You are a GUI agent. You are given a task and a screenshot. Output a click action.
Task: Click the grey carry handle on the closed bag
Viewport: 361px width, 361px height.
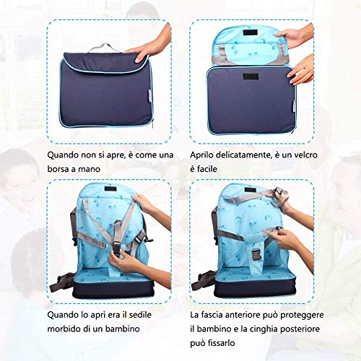104,48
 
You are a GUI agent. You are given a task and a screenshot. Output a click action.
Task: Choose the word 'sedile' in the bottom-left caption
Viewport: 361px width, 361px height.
140,315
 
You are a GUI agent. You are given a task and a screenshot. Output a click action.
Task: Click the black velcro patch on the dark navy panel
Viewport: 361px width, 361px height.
251,77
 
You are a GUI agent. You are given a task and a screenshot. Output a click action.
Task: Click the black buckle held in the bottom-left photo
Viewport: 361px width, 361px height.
116,250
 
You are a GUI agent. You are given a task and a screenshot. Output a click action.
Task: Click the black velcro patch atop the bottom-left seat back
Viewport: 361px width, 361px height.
112,188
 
